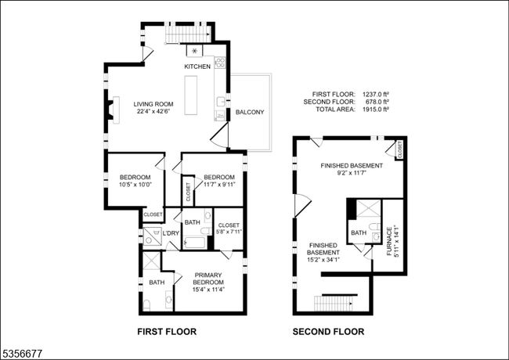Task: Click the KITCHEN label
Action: click(x=197, y=67)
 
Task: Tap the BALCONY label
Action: click(x=250, y=112)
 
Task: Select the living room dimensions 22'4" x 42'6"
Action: click(x=153, y=111)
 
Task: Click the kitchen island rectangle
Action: click(x=191, y=95)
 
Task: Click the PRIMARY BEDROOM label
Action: click(x=208, y=279)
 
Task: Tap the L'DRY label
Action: click(x=171, y=233)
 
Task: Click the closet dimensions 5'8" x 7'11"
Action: click(x=229, y=232)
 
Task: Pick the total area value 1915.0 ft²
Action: click(x=376, y=110)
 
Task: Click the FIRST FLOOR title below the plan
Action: click(x=167, y=332)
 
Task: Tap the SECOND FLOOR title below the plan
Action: click(x=328, y=332)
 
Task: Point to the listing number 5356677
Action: click(x=21, y=354)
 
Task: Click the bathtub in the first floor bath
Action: click(x=194, y=243)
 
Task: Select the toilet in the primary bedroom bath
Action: click(x=146, y=305)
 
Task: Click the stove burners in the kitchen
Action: click(x=220, y=63)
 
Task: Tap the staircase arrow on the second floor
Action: click(x=351, y=304)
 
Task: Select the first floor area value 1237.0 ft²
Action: click(x=376, y=95)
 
